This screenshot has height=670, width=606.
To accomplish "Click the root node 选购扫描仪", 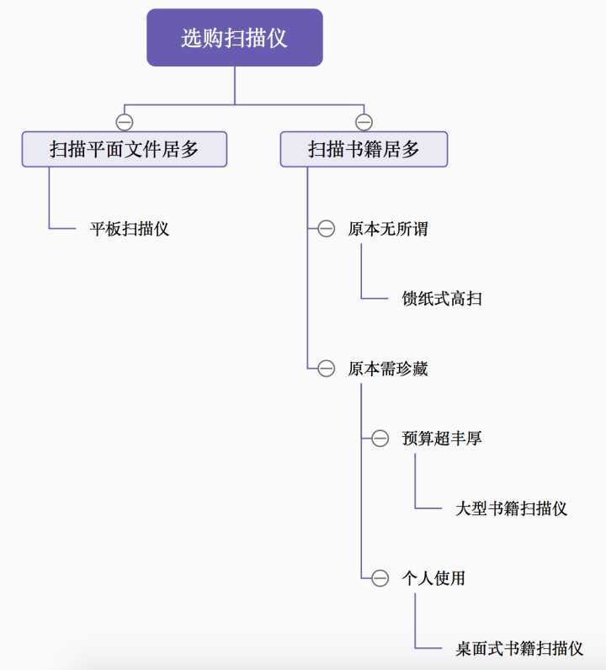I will [x=234, y=38].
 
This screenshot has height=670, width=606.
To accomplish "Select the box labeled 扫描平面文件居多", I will [x=124, y=150].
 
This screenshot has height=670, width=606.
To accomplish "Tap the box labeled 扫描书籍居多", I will [x=364, y=150].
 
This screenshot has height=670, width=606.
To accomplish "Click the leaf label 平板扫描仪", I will [x=130, y=228].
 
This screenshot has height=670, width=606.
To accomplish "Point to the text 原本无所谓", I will [x=388, y=228].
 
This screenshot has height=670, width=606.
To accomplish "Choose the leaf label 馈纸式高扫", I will [x=442, y=299].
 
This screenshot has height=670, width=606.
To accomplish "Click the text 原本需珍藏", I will [x=388, y=369].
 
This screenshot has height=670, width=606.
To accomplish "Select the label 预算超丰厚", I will [x=442, y=439].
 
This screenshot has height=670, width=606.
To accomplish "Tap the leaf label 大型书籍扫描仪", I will [x=511, y=508].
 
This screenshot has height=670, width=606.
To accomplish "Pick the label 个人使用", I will [x=433, y=578].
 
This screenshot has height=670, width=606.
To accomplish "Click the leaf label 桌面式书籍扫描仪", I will [x=519, y=648].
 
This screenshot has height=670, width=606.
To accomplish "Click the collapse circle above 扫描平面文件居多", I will [x=125, y=121].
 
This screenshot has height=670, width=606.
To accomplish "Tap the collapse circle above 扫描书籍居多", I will [x=364, y=121].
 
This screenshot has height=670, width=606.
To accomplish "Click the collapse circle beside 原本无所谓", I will [x=327, y=229].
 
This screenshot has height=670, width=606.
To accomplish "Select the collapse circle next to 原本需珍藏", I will [x=327, y=369].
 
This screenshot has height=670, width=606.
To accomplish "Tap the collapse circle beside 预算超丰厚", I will [x=380, y=439].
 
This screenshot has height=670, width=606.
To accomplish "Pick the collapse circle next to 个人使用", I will [x=380, y=578].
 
